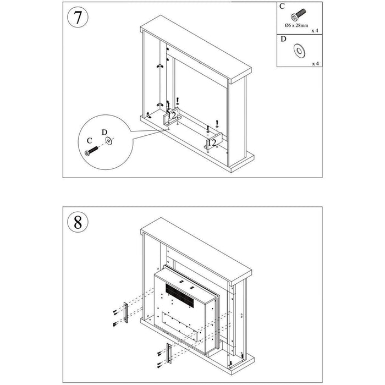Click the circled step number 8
pyautogui.click(x=77, y=223)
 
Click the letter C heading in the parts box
pyautogui.click(x=282, y=7)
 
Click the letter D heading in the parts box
pyautogui.click(x=283, y=40)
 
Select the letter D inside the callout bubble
pyautogui.click(x=105, y=132)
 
